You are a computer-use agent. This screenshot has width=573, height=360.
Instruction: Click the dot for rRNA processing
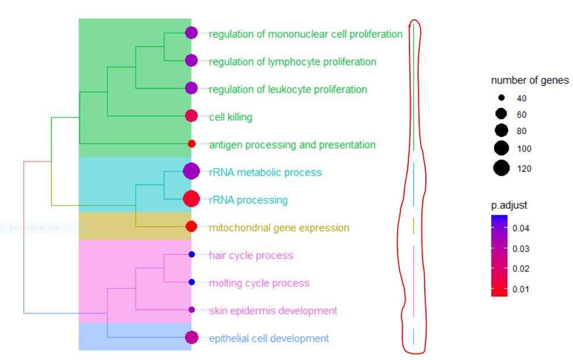point(191,199)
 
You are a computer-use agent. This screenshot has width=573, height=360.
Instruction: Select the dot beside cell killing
point(191,116)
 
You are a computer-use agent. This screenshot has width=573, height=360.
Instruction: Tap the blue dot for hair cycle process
point(191,254)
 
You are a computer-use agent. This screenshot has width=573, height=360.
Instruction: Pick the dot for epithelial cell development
point(191,337)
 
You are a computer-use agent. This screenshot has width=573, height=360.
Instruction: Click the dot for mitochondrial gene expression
point(191,227)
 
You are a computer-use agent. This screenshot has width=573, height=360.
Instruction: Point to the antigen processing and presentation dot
point(191,144)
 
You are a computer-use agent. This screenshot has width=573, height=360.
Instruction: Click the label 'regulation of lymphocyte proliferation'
point(292,61)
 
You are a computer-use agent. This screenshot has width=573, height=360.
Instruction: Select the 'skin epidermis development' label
point(273,311)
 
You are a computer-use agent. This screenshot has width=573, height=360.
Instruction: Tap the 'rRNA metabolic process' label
point(265,172)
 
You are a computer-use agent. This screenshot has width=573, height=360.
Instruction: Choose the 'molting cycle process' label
point(260,283)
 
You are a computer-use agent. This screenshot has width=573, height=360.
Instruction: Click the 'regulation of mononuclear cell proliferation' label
point(306,34)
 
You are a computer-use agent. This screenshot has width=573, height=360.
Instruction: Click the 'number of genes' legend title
point(530,81)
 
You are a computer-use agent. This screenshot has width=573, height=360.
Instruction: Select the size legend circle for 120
point(501,168)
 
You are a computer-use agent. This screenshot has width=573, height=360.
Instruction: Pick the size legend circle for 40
point(501,98)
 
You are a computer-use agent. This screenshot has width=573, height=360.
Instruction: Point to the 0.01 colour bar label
point(521,289)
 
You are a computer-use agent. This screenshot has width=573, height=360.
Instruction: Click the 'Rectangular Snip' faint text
point(34,228)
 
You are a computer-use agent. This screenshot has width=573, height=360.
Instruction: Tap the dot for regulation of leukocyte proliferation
point(191,88)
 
